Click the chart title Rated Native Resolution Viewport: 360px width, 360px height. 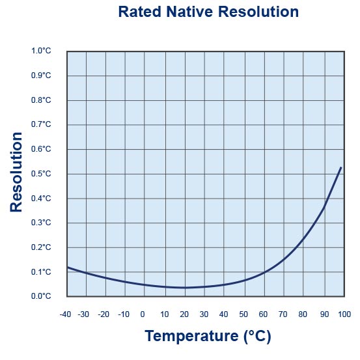[x=208, y=12]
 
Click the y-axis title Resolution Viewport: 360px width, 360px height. [x=17, y=172]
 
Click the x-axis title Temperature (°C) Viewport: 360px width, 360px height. [x=208, y=336]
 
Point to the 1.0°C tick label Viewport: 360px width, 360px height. [x=41, y=51]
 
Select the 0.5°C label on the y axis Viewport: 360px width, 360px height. [x=41, y=174]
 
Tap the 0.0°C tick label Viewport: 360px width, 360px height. [x=41, y=296]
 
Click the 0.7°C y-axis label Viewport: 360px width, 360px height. [x=41, y=124]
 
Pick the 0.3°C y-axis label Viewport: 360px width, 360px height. [x=41, y=223]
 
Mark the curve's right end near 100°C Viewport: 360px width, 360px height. [x=341, y=168]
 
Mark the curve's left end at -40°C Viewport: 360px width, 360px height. [x=68, y=268]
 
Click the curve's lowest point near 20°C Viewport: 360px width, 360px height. [x=186, y=287]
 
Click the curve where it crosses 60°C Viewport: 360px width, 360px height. [x=264, y=273]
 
